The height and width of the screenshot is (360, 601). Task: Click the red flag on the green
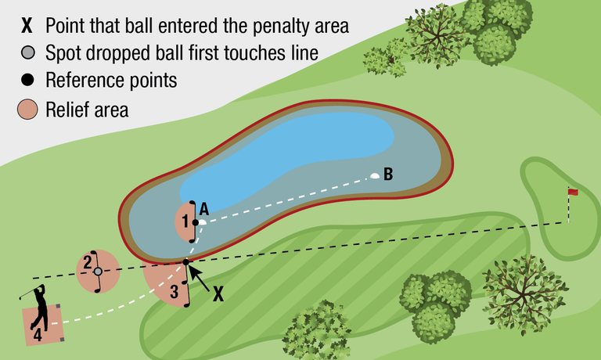[573, 192]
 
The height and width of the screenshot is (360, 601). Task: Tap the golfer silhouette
[39, 310]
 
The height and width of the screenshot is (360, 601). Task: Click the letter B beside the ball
[388, 173]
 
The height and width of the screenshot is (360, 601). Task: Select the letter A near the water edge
[203, 208]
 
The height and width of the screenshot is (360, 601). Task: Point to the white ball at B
[375, 175]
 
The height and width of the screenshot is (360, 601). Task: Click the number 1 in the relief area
[185, 221]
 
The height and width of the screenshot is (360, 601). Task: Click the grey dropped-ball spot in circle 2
[98, 272]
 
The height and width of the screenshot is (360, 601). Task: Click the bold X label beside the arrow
[218, 293]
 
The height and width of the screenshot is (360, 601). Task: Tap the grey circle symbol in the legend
[27, 53]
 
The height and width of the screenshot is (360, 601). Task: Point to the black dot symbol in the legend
[27, 81]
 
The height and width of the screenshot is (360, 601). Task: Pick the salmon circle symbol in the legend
[27, 110]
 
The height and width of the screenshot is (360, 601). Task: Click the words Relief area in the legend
[87, 110]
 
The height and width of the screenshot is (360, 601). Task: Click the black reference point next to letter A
[196, 222]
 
